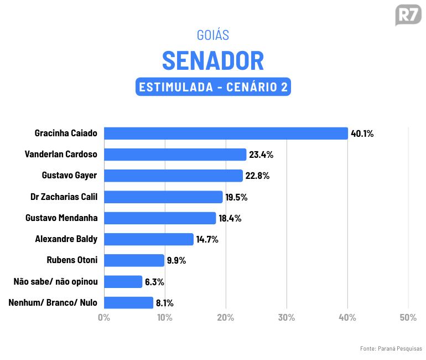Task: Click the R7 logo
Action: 408,14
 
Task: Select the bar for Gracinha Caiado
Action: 226,133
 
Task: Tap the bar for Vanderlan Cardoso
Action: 175,155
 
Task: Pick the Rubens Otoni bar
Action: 134,260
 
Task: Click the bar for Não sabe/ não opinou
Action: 123,282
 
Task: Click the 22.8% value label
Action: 257,176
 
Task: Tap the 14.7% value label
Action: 207,239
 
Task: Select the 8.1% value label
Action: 165,303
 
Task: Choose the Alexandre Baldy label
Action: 66,239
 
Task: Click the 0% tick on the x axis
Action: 103,317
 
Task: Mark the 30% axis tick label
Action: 287,317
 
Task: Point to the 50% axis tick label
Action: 408,317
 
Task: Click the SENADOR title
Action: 213,60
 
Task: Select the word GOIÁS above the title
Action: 213,35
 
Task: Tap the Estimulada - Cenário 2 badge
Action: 213,88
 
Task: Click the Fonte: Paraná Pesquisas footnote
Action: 391,348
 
